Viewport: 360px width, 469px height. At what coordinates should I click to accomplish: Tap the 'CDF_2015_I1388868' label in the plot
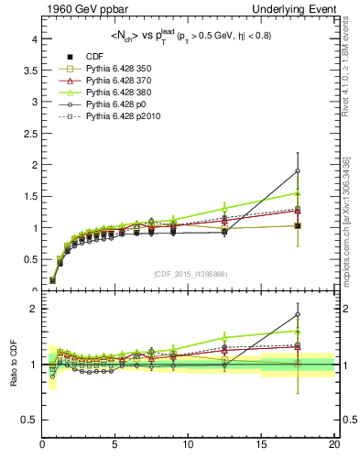190,274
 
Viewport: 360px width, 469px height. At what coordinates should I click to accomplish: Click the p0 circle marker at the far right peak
297,171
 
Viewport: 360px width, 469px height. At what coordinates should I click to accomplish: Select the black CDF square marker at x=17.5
297,225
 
